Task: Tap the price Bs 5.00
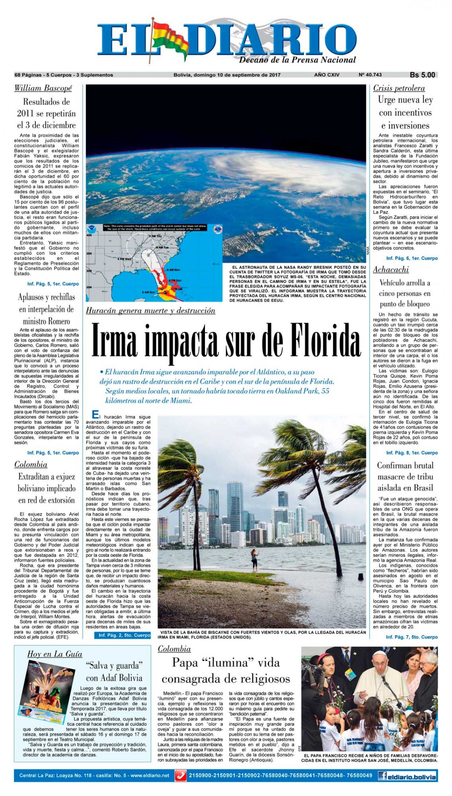(422, 75)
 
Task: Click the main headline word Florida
(317, 341)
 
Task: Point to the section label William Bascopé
(43, 88)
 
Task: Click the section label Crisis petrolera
(399, 88)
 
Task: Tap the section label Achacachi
(391, 269)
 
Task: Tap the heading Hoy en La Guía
(55, 654)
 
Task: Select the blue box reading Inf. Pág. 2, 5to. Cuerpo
(122, 635)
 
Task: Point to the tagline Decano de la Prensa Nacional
(297, 60)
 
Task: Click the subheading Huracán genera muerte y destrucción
(151, 311)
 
